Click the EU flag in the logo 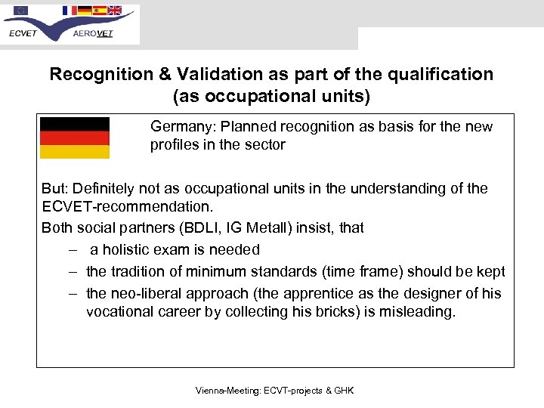(x=20, y=11)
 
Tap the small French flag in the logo (x=70, y=11)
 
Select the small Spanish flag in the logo (x=100, y=11)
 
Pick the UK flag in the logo (x=114, y=11)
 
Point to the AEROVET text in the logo (x=93, y=33)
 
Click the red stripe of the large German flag (x=74, y=138)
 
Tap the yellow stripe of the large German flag (x=74, y=152)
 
